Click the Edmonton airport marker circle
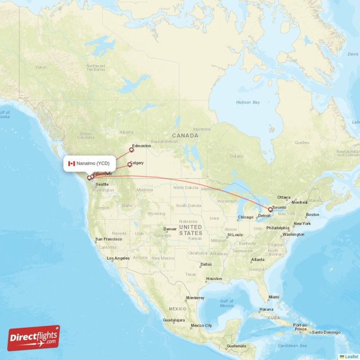[x=132, y=149]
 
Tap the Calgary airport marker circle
[x=130, y=165]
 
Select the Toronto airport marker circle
[x=270, y=209]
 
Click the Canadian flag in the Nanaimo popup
[x=71, y=163]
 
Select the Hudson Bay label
[x=248, y=103]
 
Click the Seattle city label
[x=102, y=184]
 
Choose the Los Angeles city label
[x=118, y=258]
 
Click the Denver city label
[x=170, y=229]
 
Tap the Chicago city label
[x=245, y=217]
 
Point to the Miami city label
[x=274, y=297]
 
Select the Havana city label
[x=266, y=309]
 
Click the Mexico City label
[x=201, y=325]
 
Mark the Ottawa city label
[x=284, y=198]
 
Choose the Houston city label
[x=214, y=279]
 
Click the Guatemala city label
[x=236, y=346]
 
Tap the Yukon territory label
[x=41, y=67]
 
